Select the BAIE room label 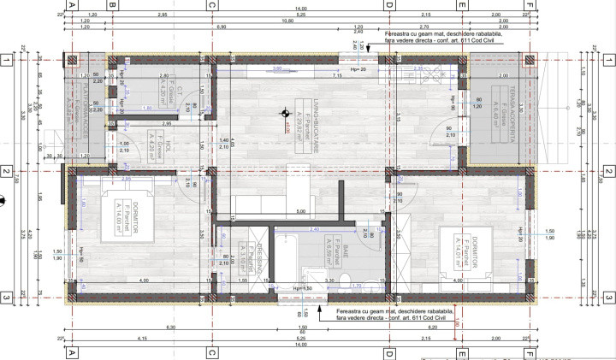pos(335,250)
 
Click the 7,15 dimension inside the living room pos(337,76)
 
